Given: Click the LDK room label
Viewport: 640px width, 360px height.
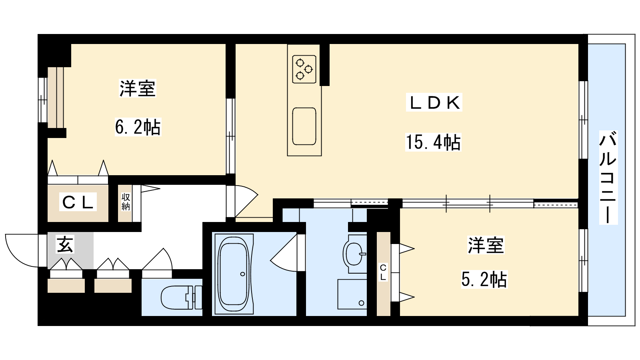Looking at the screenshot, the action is pyautogui.click(x=434, y=102).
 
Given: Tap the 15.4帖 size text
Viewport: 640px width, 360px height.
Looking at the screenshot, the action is pyautogui.click(x=433, y=142).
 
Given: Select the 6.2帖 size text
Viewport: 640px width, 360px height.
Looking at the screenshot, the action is pyautogui.click(x=138, y=127).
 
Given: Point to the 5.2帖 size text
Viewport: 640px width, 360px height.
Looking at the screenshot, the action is pyautogui.click(x=484, y=279).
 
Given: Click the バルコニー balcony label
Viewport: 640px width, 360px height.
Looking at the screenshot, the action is pyautogui.click(x=608, y=177).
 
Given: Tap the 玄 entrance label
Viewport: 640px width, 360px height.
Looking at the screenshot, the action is pyautogui.click(x=66, y=244).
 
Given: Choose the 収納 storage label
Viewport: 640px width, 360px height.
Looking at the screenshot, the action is pyautogui.click(x=126, y=202).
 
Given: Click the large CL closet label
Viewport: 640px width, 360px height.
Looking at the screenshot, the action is pyautogui.click(x=78, y=202).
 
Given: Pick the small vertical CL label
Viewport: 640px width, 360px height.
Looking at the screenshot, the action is pyautogui.click(x=383, y=272).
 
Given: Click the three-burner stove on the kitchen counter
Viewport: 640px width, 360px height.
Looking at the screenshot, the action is pyautogui.click(x=304, y=69).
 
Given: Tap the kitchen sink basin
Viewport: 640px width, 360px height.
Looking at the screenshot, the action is pyautogui.click(x=304, y=126).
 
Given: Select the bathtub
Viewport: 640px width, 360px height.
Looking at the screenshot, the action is pyautogui.click(x=234, y=274).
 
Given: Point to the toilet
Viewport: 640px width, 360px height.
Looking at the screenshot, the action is pyautogui.click(x=182, y=297).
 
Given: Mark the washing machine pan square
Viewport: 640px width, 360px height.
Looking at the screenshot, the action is pyautogui.click(x=352, y=294).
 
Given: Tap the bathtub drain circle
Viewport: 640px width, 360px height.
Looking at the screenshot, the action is pyautogui.click(x=242, y=274).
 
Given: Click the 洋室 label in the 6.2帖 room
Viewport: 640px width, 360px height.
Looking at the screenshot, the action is pyautogui.click(x=138, y=88).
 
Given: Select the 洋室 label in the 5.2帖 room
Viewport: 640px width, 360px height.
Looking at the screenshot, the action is pyautogui.click(x=486, y=245).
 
